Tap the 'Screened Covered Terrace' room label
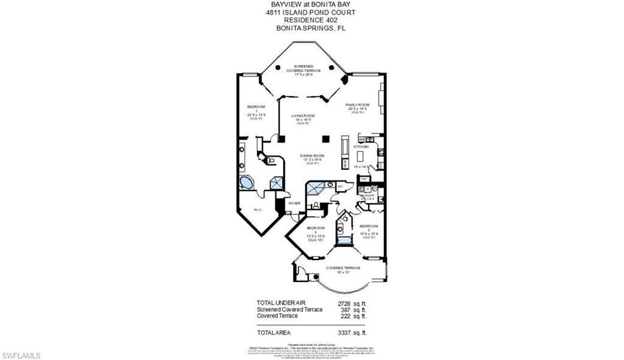coord(303,69)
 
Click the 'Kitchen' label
coord(363,147)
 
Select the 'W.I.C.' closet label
coord(257,211)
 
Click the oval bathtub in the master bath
coord(247,183)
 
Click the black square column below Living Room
coord(326,138)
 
